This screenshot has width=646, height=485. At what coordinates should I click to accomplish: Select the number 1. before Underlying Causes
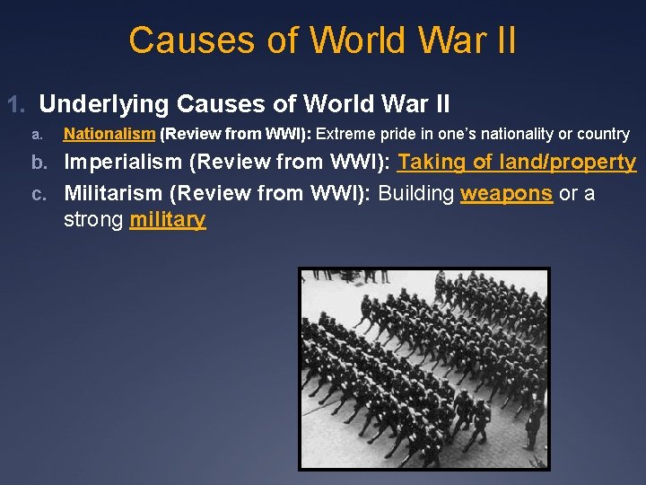click(x=18, y=105)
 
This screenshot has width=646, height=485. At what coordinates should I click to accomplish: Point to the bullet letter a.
click(x=36, y=135)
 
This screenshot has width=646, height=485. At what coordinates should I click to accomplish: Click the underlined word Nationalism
click(x=109, y=134)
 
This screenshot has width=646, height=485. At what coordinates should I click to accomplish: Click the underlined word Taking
click(x=432, y=163)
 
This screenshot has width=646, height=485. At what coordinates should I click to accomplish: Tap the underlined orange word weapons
click(x=506, y=193)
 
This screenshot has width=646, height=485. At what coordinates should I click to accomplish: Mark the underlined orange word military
click(x=168, y=219)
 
